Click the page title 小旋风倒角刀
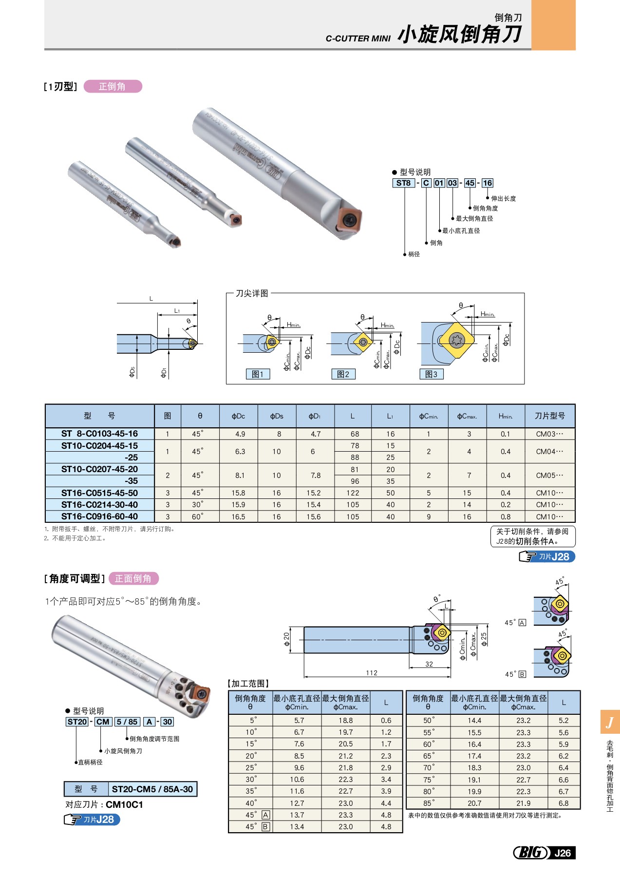click(x=460, y=34)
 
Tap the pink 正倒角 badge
click(x=113, y=86)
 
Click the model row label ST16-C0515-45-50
click(x=99, y=493)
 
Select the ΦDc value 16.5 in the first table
click(x=238, y=516)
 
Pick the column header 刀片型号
click(x=549, y=416)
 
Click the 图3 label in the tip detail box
click(x=431, y=374)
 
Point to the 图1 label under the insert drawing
click(x=258, y=374)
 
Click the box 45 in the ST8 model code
click(x=470, y=183)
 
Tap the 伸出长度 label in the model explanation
click(x=503, y=198)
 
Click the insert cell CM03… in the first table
click(x=549, y=434)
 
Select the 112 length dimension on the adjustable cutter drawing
click(x=372, y=673)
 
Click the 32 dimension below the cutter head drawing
click(x=429, y=664)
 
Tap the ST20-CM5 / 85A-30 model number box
click(x=152, y=789)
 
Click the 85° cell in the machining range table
click(x=428, y=803)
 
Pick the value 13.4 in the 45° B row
click(x=297, y=826)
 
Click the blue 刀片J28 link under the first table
click(x=547, y=556)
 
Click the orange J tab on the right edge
click(x=610, y=722)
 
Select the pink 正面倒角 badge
click(x=133, y=578)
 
